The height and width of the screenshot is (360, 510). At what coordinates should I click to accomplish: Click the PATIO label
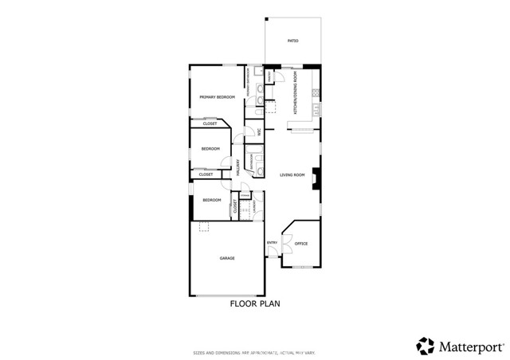[x=292, y=41]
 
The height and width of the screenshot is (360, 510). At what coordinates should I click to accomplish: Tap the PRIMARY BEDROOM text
[x=217, y=97]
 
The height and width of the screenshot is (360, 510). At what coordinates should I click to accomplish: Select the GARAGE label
[x=227, y=258]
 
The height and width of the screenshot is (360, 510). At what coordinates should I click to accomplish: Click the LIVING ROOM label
[x=292, y=175]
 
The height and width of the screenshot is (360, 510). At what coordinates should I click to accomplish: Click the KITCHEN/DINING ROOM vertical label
[x=296, y=94]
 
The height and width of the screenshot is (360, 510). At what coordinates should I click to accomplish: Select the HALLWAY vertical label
[x=238, y=166]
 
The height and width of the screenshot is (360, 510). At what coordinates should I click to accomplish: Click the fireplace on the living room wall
[x=316, y=178]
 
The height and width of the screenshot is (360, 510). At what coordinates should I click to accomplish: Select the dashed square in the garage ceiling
[x=204, y=226]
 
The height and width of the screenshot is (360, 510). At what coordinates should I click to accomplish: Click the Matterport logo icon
[x=426, y=346]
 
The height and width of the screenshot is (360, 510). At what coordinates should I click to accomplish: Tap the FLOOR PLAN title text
[x=255, y=303]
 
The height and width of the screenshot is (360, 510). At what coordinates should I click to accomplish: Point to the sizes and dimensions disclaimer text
[x=254, y=352]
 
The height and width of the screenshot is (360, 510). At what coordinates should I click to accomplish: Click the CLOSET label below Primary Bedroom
[x=210, y=124]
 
